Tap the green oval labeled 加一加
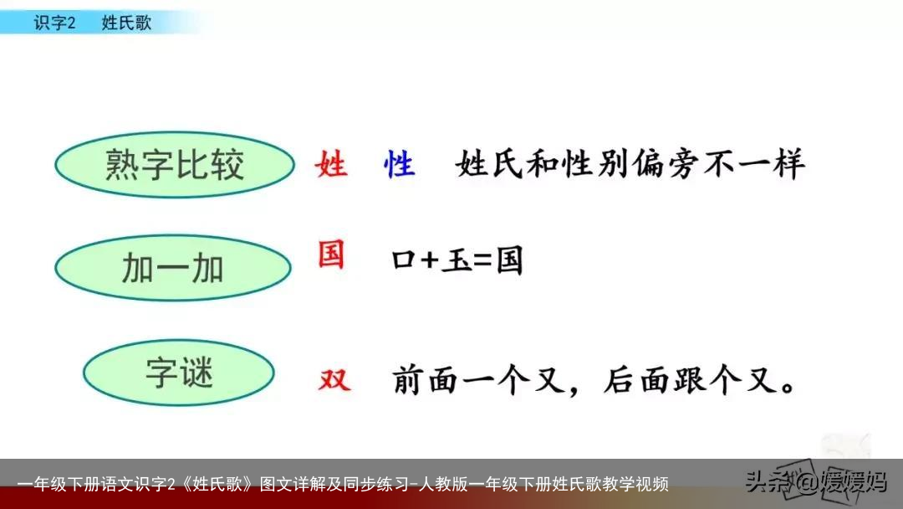pyautogui.click(x=173, y=269)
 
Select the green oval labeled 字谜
pyautogui.click(x=179, y=373)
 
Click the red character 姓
pyautogui.click(x=331, y=164)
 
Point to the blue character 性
pyautogui.click(x=399, y=164)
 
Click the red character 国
pyautogui.click(x=331, y=254)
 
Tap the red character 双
pyautogui.click(x=334, y=381)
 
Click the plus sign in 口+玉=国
pyautogui.click(x=429, y=261)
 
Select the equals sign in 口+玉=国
pyautogui.click(x=483, y=261)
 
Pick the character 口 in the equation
pyautogui.click(x=404, y=262)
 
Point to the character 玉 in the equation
pyautogui.click(x=457, y=261)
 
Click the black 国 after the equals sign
pyautogui.click(x=509, y=261)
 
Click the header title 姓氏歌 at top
pyautogui.click(x=126, y=23)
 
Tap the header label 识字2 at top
pyautogui.click(x=54, y=23)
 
